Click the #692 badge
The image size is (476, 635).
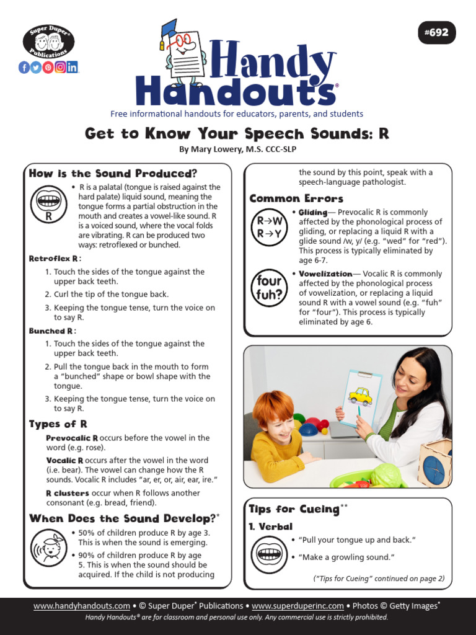click(436, 33)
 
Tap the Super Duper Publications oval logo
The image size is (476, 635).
click(48, 42)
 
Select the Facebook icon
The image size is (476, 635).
click(24, 68)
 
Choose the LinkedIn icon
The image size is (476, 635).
click(73, 68)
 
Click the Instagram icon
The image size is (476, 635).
click(60, 68)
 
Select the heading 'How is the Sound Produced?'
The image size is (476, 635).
click(113, 174)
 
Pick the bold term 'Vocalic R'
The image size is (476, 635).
click(64, 461)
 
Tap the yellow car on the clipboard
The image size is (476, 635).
click(359, 396)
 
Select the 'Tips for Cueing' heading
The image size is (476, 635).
click(294, 510)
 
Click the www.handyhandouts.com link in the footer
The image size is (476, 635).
click(82, 606)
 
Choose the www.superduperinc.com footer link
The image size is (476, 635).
click(297, 606)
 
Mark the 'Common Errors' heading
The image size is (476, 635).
click(296, 199)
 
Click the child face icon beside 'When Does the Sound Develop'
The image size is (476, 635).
click(48, 548)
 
